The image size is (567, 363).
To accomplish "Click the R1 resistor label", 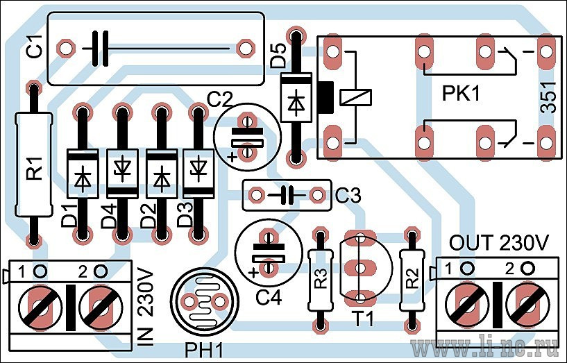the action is (36, 168).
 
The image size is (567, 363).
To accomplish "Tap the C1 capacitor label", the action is (36, 47).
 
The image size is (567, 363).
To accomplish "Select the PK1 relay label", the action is (461, 94).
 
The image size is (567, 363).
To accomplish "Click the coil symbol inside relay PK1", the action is (356, 97).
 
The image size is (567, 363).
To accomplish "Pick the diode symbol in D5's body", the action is (296, 101).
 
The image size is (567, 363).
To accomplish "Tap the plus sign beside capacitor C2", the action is (232, 157).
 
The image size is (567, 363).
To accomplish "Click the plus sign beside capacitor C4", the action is (254, 273).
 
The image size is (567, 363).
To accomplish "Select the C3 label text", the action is (348, 196).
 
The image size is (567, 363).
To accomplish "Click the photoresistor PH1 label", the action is (203, 351).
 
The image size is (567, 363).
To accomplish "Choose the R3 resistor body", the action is (321, 280).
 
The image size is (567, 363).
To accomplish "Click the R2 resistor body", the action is (412, 280).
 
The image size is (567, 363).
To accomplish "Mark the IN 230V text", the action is (146, 307).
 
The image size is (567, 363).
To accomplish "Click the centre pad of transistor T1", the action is (360, 268).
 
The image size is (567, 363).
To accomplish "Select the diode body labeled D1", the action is (83, 174).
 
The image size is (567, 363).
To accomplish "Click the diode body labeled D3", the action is (197, 174).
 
